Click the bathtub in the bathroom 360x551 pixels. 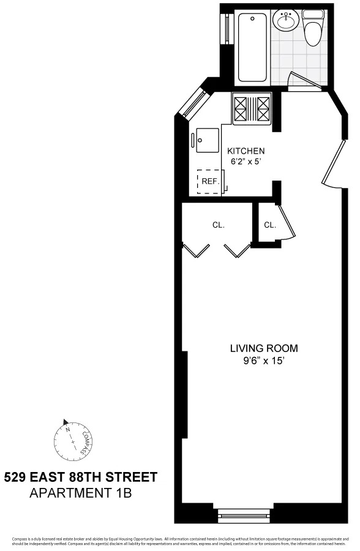click(252, 47)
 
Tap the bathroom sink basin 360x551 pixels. click(285, 22)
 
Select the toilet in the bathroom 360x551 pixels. click(313, 30)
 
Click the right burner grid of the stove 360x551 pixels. click(264, 109)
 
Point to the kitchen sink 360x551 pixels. click(204, 141)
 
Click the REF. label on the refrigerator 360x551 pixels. click(210, 181)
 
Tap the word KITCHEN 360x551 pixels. click(246, 151)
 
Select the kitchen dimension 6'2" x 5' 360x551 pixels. click(246, 162)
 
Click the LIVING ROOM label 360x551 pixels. click(263, 348)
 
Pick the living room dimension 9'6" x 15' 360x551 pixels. click(263, 361)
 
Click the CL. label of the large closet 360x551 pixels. click(218, 225)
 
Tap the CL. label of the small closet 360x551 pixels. click(269, 225)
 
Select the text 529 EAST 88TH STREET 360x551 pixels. click(80, 477)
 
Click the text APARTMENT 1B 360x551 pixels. click(80, 492)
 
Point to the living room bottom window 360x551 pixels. click(243, 516)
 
